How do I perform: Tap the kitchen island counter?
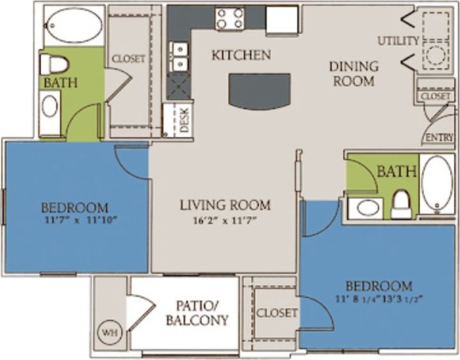(260, 91)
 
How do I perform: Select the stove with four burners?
(230, 18)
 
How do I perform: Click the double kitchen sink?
(179, 57)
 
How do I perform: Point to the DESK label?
(185, 120)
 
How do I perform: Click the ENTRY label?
(438, 137)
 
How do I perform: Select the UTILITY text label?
(398, 41)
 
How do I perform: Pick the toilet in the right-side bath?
(401, 204)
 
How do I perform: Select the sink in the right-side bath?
(366, 207)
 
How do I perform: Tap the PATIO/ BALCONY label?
(197, 313)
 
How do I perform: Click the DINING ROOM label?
(353, 73)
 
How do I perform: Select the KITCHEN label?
(241, 56)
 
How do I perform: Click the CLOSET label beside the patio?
(277, 313)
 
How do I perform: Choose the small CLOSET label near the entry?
(436, 96)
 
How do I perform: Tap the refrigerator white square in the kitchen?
(281, 19)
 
